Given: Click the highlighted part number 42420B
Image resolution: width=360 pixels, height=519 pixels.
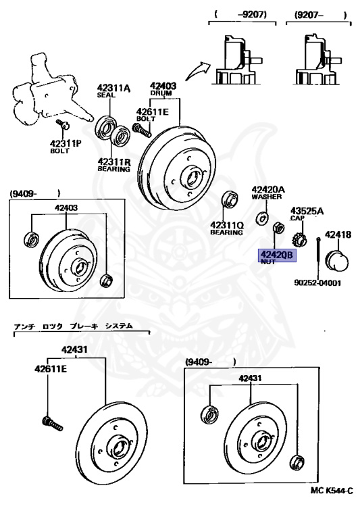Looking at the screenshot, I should [274, 255].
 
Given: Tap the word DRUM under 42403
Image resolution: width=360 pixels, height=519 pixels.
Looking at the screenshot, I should [163, 95].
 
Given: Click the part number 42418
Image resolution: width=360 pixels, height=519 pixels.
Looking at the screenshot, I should [338, 234].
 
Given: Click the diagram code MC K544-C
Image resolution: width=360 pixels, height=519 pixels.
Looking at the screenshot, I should [332, 508].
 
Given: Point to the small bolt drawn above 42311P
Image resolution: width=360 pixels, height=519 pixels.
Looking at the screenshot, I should [63, 126].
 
